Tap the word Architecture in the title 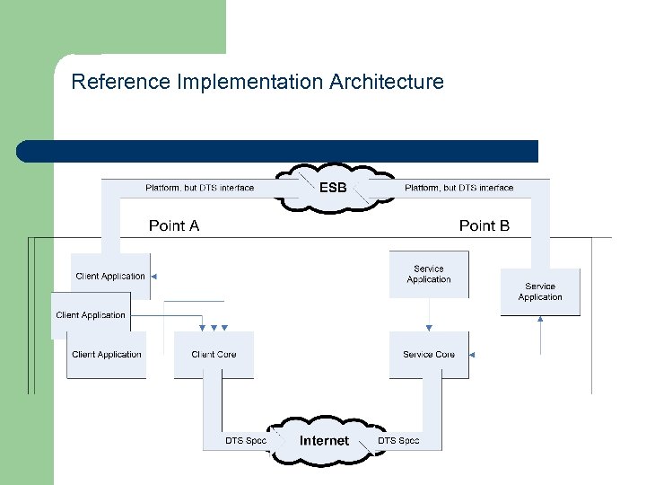pyautogui.click(x=387, y=83)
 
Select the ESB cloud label pyautogui.click(x=333, y=189)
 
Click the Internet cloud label pyautogui.click(x=324, y=440)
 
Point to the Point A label pyautogui.click(x=174, y=225)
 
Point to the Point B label pyautogui.click(x=484, y=225)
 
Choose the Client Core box pyautogui.click(x=214, y=355)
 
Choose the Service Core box pyautogui.click(x=429, y=355)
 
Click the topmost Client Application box pyautogui.click(x=110, y=276)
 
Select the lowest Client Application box pyautogui.click(x=107, y=355)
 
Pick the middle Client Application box pyautogui.click(x=90, y=315)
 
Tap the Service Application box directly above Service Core pyautogui.click(x=429, y=274)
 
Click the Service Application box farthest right pyautogui.click(x=540, y=292)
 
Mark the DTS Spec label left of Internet pyautogui.click(x=246, y=440)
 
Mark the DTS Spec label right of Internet pyautogui.click(x=398, y=440)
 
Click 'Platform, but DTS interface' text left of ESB pyautogui.click(x=199, y=188)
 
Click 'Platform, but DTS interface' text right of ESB pyautogui.click(x=459, y=188)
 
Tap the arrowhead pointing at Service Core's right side pyautogui.click(x=472, y=355)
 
